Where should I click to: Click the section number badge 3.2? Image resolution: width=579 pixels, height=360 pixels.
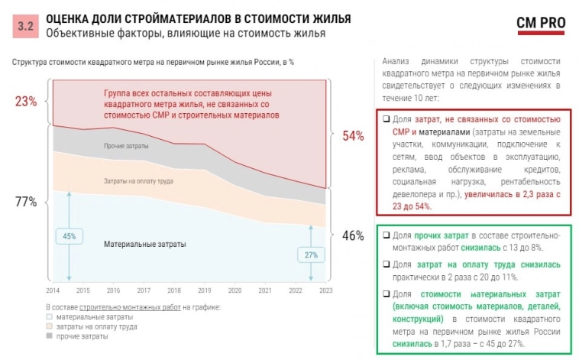point(26,25)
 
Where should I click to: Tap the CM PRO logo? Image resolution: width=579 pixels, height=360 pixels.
point(541,24)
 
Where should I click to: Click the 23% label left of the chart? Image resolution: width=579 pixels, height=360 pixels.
point(25,102)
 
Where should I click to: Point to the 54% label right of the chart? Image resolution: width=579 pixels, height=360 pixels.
point(353,135)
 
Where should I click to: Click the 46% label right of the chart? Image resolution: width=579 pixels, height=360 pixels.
point(353,235)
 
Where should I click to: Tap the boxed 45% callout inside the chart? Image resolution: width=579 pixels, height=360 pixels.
point(70,236)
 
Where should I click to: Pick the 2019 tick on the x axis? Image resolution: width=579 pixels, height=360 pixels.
point(204,290)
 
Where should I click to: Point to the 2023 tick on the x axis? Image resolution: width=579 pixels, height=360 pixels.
point(325,290)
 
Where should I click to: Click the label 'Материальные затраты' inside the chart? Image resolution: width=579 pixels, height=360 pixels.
point(144,244)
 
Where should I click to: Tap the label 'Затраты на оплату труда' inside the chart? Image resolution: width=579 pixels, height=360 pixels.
point(137,182)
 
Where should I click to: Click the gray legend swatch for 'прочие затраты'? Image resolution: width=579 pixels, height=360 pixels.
point(50,336)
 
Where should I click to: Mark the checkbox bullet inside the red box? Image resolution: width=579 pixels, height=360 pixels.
point(386,120)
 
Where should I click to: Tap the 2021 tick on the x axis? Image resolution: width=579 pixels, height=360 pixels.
point(265,290)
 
